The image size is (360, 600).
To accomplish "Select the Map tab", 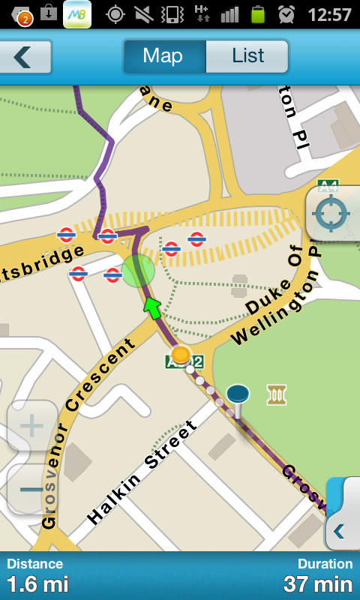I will pos(163,55).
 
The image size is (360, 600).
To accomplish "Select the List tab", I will pos(247,55).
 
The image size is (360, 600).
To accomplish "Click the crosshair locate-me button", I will pos(331,214).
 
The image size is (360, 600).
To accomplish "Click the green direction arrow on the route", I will pos(153,307).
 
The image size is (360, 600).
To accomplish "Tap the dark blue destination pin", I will pos(238,396).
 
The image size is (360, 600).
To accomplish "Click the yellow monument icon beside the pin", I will pos(277,394).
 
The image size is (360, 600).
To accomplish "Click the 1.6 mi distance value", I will pos(37,583).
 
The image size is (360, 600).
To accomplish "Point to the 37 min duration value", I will pos(318,583).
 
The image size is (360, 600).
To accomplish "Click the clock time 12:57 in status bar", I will pos(329,14).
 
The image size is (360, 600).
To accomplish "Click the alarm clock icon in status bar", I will pos(286,13).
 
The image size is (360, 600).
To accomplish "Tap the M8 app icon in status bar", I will pos(77,14).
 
